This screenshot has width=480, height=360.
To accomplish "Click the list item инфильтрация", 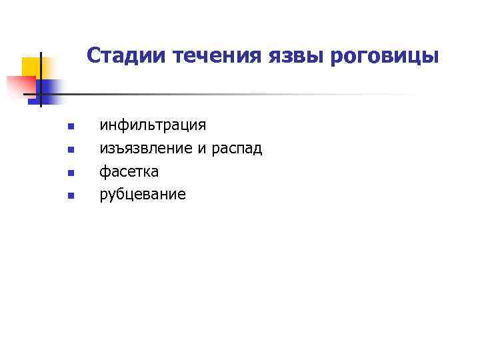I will pyautogui.click(x=153, y=125).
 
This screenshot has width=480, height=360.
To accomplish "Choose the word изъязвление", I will pyautogui.click(x=146, y=149).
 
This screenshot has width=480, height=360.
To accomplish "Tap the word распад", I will pyautogui.click(x=237, y=149).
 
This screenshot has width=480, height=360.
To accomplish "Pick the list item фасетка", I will pyautogui.click(x=129, y=171).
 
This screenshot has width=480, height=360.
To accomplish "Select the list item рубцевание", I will pyautogui.click(x=143, y=195).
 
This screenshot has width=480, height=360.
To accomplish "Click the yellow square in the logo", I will pyautogui.click(x=31, y=67).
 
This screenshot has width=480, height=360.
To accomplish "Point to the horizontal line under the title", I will pyautogui.click(x=233, y=95).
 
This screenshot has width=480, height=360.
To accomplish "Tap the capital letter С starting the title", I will pyautogui.click(x=93, y=56).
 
